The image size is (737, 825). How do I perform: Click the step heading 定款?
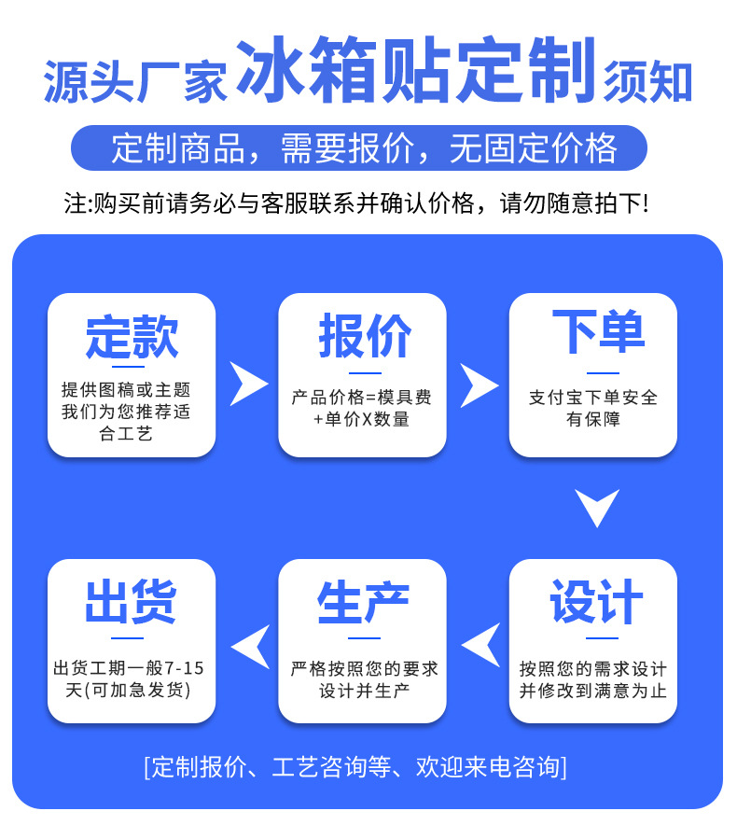(132, 336)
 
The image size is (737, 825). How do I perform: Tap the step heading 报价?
(363, 336)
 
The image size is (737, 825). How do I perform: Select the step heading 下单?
(593, 333)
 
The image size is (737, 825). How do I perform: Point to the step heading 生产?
(363, 602)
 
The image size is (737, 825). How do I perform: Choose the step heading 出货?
(132, 602)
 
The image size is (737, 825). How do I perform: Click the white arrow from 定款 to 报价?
(248, 384)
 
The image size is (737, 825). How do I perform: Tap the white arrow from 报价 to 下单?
(479, 384)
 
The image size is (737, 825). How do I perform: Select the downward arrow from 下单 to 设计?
(596, 507)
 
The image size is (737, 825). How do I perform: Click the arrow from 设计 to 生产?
(480, 645)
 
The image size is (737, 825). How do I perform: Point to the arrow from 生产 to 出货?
(249, 645)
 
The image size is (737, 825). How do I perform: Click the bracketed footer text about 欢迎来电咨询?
(355, 768)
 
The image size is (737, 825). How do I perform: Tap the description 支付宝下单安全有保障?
(593, 408)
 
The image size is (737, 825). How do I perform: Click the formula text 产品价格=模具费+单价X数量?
(362, 408)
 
